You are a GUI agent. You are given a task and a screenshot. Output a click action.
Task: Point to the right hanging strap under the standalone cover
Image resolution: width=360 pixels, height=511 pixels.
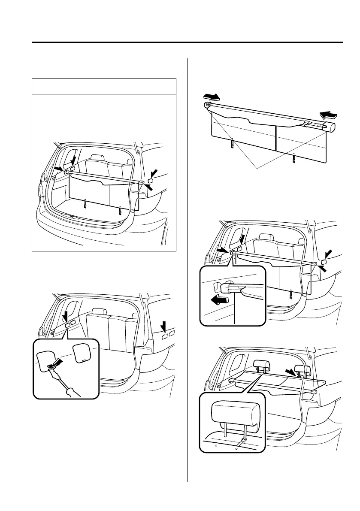[293, 157]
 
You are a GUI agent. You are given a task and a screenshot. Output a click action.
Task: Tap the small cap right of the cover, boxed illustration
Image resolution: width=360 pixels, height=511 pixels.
[151, 181]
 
